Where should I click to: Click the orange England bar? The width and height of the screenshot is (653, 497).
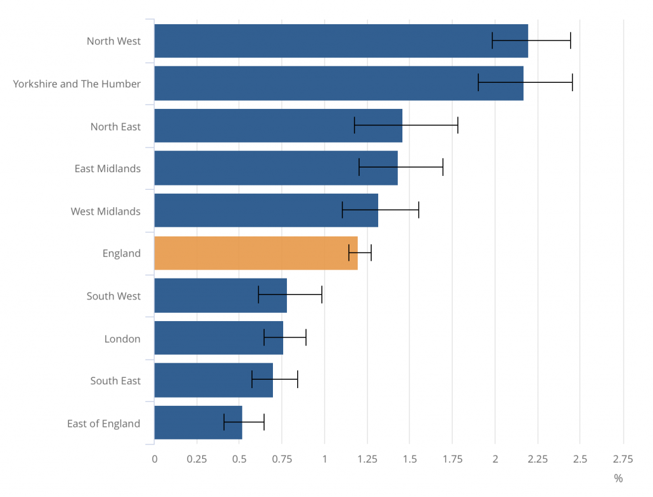(255, 253)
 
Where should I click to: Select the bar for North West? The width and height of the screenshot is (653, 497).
(319, 41)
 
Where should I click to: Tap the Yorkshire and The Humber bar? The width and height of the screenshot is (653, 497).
(319, 83)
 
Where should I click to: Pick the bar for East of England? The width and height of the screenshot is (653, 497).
(198, 422)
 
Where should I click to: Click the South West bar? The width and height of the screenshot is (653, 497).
(220, 295)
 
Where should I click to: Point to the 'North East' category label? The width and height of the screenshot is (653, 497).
(115, 126)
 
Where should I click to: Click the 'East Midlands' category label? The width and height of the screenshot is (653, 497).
(107, 168)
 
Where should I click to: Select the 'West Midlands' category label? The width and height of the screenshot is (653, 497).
(105, 211)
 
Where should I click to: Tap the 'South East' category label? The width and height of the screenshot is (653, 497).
(115, 380)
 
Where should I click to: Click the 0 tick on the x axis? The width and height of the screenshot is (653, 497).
(154, 459)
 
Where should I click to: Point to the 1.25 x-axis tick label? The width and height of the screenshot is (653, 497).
(367, 459)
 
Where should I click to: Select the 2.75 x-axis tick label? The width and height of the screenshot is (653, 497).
(622, 459)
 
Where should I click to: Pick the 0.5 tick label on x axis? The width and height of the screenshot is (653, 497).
(239, 459)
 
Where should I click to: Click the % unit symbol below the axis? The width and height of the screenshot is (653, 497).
(618, 478)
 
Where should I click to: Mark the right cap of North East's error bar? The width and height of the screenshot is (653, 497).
(458, 126)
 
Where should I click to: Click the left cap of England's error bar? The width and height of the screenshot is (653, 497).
(349, 253)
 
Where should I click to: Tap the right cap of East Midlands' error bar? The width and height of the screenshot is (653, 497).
(443, 168)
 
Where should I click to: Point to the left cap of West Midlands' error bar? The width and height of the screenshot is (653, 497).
(342, 210)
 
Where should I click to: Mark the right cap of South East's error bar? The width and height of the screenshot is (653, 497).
(297, 380)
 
